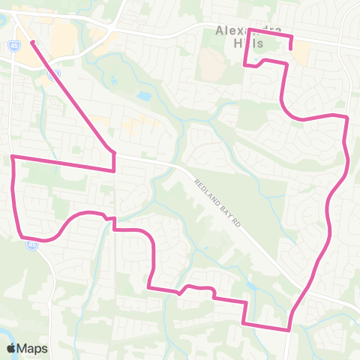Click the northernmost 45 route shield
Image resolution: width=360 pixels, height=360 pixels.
16,45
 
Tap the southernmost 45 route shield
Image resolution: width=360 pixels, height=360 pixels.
31,244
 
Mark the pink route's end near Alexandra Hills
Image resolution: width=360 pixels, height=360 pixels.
290,50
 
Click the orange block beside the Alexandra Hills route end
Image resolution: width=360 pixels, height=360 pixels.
301,52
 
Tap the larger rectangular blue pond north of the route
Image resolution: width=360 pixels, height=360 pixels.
142,97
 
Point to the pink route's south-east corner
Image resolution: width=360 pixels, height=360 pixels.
289,328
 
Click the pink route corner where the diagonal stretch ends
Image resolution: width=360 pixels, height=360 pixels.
114,152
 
